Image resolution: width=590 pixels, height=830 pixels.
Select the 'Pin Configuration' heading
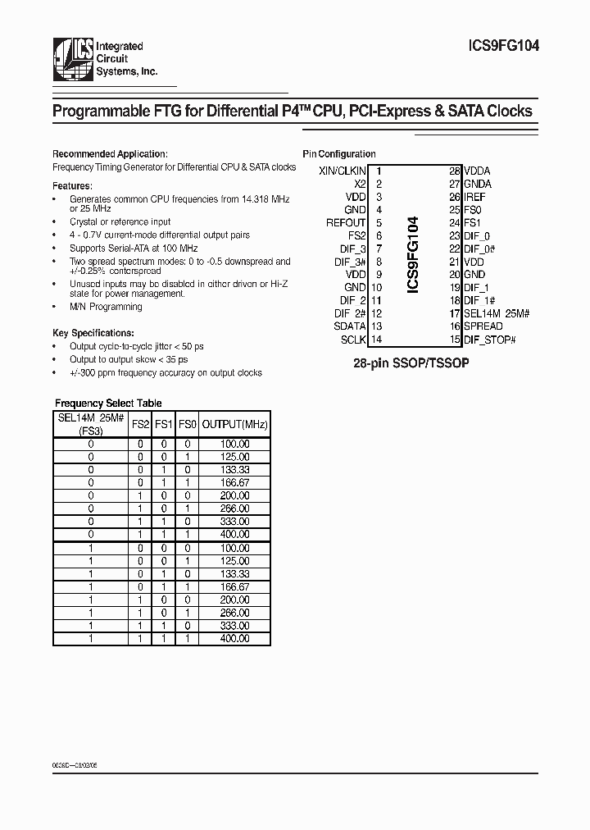(339, 154)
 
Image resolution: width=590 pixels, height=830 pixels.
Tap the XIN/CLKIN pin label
(342, 171)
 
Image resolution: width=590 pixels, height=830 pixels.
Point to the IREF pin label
(474, 197)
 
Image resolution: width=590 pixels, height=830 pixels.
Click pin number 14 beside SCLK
(377, 340)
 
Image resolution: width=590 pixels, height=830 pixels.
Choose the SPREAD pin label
(483, 326)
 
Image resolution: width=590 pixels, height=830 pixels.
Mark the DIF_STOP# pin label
(490, 340)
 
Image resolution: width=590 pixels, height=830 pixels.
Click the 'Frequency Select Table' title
(108, 404)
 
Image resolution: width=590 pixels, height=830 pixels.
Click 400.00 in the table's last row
(235, 638)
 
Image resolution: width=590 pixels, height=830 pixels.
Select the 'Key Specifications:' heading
(93, 333)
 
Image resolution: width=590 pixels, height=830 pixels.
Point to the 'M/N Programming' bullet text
(106, 307)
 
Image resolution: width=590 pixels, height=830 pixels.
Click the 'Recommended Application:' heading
(110, 154)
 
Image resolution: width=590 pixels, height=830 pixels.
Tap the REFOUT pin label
(345, 222)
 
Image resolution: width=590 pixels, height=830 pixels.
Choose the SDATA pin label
(350, 326)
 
